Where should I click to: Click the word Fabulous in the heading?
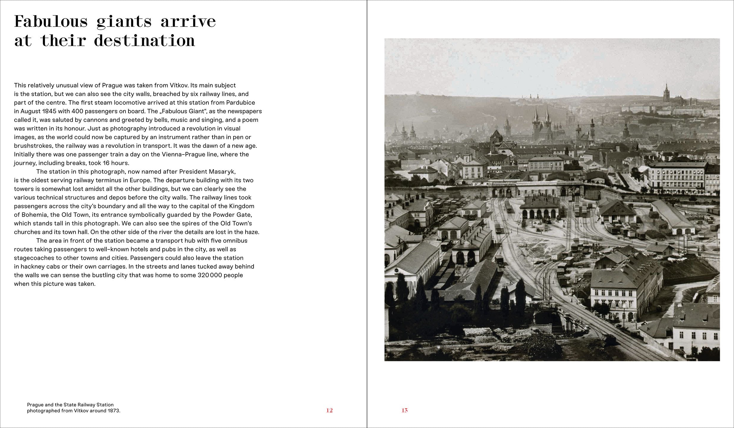tap(51, 22)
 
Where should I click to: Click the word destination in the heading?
tap(144, 41)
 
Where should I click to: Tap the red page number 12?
tap(329, 410)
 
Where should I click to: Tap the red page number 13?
tap(404, 410)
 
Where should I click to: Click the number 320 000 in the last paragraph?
tap(210, 275)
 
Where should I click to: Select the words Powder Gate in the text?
tap(234, 215)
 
